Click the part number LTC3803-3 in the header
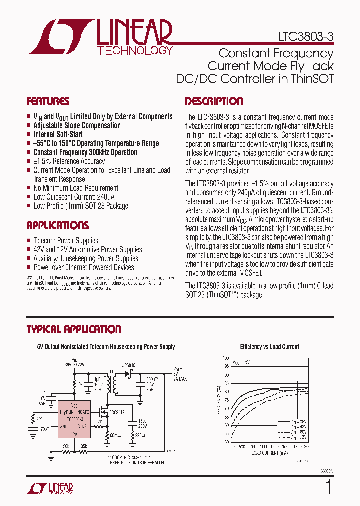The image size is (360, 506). point(305,37)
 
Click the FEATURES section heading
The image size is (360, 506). point(48,101)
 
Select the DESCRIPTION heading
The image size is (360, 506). point(214,101)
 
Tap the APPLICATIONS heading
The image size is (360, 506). point(57,225)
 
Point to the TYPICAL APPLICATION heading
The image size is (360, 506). point(74,329)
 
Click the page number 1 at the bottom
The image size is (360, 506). point(328,487)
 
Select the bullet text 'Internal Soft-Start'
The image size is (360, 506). point(58,134)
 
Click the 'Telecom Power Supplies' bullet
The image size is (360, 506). point(66,241)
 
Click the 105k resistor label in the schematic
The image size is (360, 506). point(83,446)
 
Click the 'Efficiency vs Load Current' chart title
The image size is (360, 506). point(269,347)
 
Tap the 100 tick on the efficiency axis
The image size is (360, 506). point(226,358)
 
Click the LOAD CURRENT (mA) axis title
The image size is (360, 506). point(269,453)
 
